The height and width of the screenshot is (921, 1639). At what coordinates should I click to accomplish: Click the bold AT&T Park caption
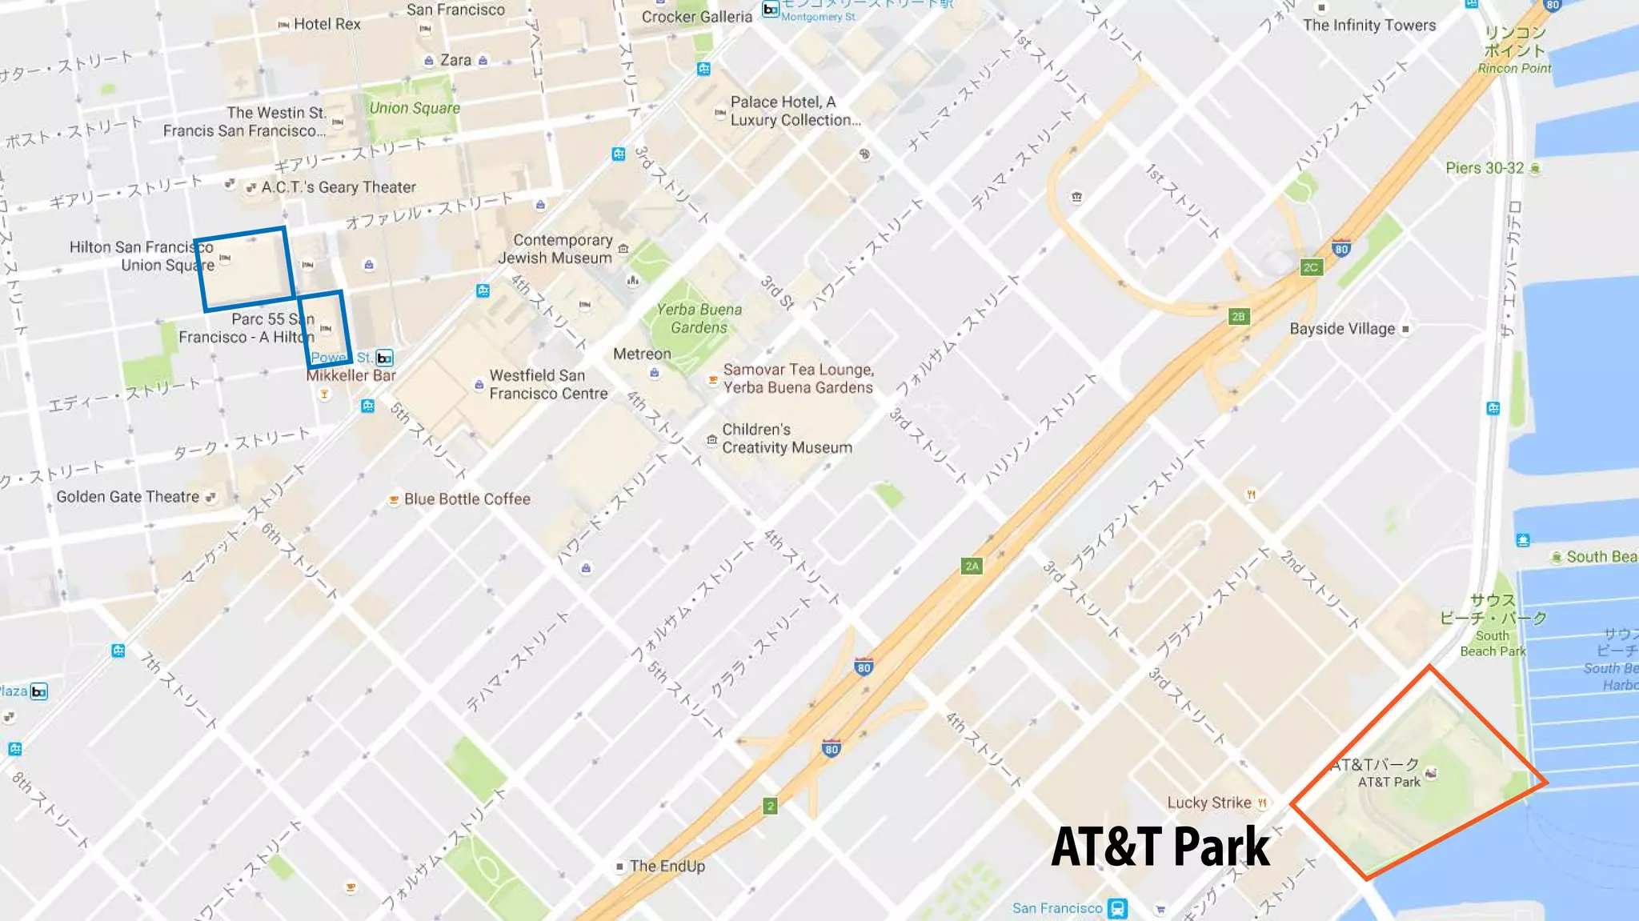[1160, 847]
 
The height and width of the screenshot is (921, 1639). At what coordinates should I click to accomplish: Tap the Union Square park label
[414, 108]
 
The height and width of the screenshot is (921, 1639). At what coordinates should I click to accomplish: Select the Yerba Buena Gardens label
[699, 318]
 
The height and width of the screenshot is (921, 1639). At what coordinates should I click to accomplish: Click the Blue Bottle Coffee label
[467, 499]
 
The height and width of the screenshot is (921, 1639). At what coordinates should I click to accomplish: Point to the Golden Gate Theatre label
[127, 497]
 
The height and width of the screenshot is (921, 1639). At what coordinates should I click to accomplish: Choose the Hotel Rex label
[327, 24]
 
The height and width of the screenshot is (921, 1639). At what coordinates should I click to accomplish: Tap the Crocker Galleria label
[696, 17]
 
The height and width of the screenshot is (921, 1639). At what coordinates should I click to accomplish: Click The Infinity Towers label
[1369, 25]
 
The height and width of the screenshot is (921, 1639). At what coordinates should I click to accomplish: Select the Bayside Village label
[1342, 329]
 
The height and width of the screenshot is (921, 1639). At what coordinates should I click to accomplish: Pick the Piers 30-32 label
[1485, 168]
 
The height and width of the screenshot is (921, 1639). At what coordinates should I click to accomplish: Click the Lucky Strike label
[1208, 803]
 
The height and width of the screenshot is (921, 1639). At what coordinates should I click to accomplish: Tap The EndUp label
[667, 866]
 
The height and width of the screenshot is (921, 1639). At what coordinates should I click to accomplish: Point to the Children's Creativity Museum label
[787, 438]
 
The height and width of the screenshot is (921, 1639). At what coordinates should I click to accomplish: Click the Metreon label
[642, 354]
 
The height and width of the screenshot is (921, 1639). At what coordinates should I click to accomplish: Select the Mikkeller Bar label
[351, 375]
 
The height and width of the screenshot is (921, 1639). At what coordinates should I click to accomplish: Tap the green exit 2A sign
[972, 567]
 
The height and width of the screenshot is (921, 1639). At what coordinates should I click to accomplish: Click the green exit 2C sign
[1310, 267]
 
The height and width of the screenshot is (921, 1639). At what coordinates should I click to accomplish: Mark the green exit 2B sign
[1238, 317]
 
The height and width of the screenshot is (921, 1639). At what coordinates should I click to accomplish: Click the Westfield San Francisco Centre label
[548, 385]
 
